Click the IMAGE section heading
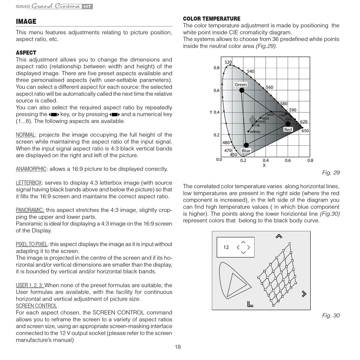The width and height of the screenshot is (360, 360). point(26,22)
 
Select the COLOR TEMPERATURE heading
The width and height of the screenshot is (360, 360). point(211,19)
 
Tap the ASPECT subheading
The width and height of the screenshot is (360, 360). point(26,53)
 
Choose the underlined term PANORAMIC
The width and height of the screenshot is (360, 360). point(30,210)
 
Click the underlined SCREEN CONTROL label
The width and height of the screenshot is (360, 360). point(36,306)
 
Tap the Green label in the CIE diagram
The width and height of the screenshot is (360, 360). point(241,84)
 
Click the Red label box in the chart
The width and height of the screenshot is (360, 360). point(288,129)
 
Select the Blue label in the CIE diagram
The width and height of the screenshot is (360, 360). point(246,151)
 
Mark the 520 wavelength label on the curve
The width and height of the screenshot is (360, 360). point(228,62)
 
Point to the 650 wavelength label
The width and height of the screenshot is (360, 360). point(305,131)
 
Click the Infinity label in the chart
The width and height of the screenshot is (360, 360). point(255,132)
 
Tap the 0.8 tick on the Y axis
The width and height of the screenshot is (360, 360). point(216,68)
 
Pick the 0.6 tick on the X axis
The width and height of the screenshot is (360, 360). point(288,160)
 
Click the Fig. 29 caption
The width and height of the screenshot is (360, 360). point(331,173)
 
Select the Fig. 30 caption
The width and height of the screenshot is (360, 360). point(331,315)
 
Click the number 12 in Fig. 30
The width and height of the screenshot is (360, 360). point(226,247)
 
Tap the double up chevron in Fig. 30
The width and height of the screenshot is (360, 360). point(279,236)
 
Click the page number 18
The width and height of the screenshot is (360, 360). point(178,348)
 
